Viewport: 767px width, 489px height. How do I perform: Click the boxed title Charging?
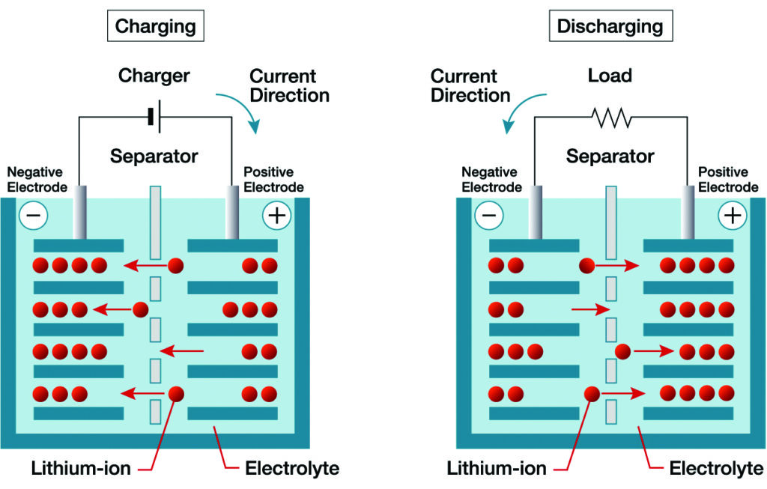[155, 27]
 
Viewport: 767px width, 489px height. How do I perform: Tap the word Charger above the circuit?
[154, 76]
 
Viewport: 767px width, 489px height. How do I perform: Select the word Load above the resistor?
[610, 76]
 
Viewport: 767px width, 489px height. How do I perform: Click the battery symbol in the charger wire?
[155, 117]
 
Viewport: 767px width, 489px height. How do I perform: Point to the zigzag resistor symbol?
[610, 118]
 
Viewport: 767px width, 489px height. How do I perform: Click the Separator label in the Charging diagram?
[154, 157]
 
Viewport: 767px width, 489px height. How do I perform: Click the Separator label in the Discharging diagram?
[610, 157]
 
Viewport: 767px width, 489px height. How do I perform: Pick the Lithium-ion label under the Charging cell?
[81, 470]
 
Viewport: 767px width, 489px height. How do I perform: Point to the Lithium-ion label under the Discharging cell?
[497, 470]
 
